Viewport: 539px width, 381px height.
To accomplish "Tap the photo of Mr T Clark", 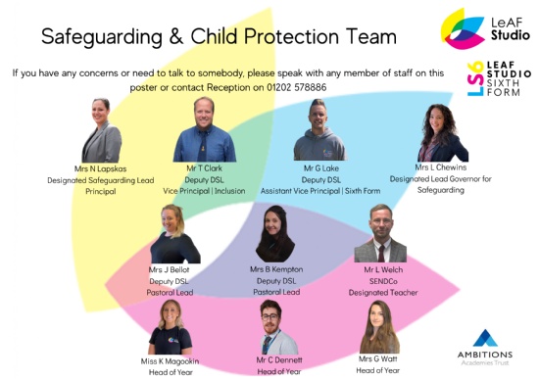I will click(x=205, y=130).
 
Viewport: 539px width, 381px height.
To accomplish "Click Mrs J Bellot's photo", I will click(x=174, y=234).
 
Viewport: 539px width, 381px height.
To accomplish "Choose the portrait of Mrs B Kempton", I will click(x=275, y=234).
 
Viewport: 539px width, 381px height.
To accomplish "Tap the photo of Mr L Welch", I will click(x=379, y=235).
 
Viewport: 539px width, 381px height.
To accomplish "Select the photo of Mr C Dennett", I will click(x=277, y=327).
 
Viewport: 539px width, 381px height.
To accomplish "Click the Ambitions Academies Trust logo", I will click(x=486, y=344).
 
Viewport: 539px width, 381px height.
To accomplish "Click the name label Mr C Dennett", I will click(x=278, y=360).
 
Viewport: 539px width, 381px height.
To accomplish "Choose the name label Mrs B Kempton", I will click(x=275, y=268).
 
